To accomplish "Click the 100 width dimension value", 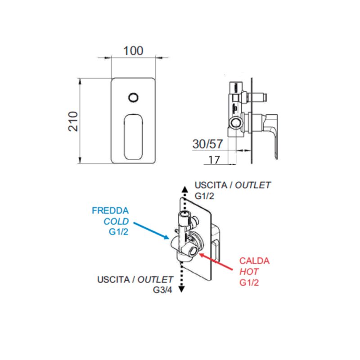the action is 133,51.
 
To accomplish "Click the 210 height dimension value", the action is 73,121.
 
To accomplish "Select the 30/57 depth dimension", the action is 207,144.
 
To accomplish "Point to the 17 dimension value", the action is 214,160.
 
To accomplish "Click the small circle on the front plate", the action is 133,97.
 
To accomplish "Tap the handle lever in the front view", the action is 133,137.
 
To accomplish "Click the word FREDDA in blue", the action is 110,211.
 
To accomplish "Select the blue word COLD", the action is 116,221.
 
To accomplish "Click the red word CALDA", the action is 254,261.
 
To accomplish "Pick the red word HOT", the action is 249,272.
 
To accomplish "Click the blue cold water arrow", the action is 151,231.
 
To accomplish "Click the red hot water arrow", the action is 216,261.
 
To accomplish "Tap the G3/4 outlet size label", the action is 162,290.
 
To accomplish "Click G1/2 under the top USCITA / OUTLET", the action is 204,196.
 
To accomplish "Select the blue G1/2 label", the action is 118,232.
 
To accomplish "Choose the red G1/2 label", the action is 249,283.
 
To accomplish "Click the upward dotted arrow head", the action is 185,189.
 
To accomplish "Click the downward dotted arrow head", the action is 182,289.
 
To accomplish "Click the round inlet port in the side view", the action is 235,123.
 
